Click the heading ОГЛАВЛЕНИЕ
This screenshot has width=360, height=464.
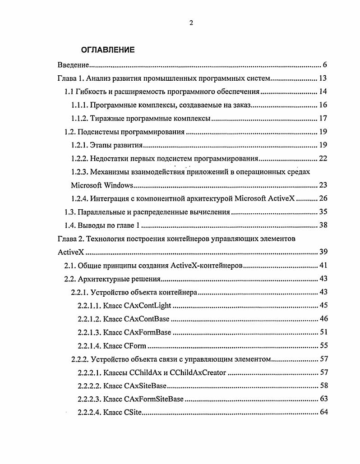click(104, 50)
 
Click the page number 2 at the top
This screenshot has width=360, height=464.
click(191, 23)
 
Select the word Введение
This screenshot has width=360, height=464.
click(73, 65)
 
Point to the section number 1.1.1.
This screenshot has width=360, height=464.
click(79, 106)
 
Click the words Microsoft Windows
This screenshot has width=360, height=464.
click(102, 185)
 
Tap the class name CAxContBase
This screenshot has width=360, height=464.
click(146, 319)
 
